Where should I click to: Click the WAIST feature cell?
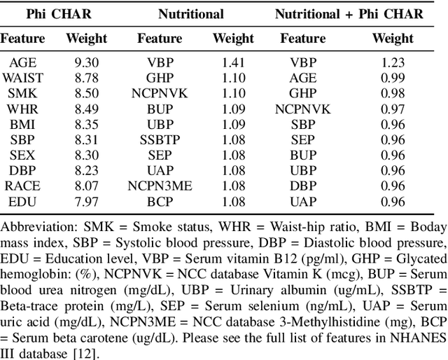tap(22, 77)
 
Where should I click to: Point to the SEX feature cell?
tap(22, 154)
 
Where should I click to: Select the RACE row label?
tap(22, 186)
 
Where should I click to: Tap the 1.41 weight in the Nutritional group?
tap(234, 62)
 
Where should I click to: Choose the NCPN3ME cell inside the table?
tap(160, 186)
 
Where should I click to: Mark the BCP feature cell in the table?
tap(160, 201)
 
